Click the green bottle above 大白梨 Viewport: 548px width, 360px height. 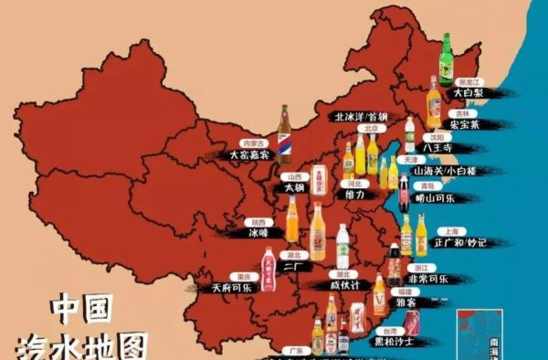pyautogui.click(x=447, y=58)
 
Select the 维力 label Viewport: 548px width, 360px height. pyautogui.click(x=353, y=195)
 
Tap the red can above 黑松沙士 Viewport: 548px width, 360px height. pyautogui.click(x=413, y=321)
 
